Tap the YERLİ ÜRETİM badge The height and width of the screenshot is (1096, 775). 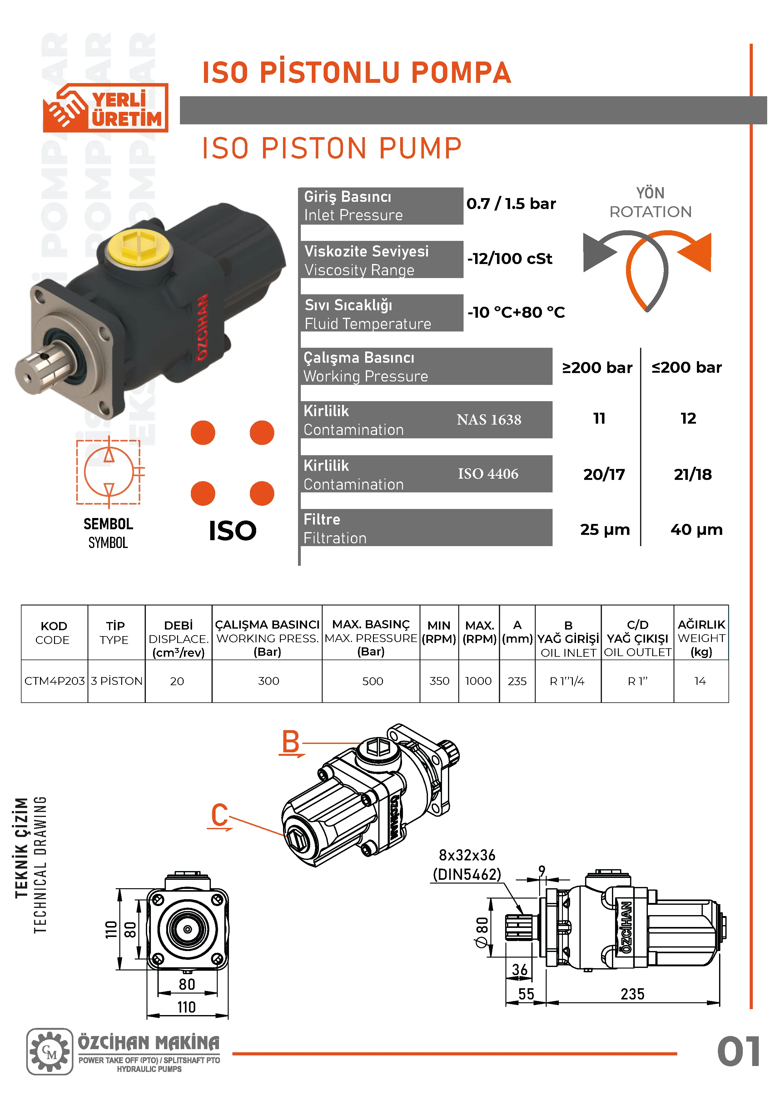[x=106, y=108]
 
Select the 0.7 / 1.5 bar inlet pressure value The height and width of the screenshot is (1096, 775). [x=511, y=204]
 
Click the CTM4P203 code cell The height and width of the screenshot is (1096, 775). [x=54, y=681]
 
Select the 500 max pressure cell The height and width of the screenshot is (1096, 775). [x=372, y=681]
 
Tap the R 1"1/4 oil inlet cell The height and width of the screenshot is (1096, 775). [x=567, y=681]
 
